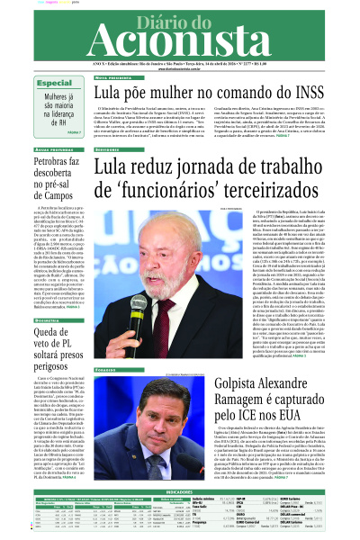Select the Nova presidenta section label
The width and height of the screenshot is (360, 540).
point(82,78)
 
